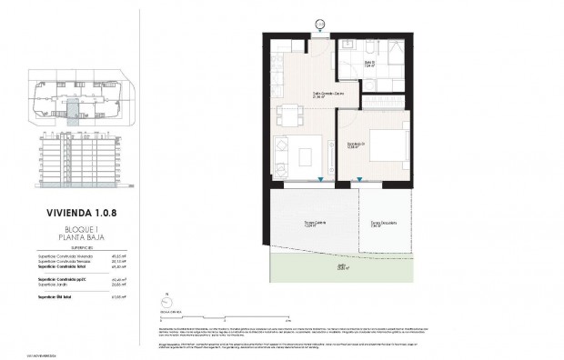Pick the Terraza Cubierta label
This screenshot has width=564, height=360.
point(291,225)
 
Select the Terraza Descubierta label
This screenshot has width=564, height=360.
point(383,225)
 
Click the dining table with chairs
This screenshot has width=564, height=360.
point(287,115)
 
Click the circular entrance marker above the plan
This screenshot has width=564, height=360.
point(319,23)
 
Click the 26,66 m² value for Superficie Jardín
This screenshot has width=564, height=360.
point(117,285)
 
